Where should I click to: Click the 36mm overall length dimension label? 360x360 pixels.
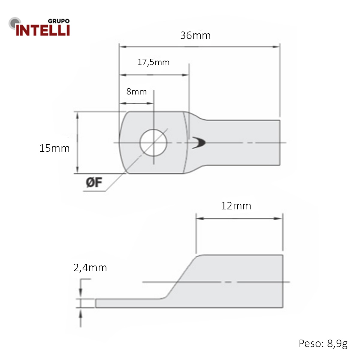pos(195,35)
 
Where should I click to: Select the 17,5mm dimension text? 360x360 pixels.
pos(153,62)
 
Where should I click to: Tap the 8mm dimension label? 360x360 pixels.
pos(136,91)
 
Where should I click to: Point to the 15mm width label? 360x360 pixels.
pos(54,148)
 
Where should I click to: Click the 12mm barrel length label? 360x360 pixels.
pos(236,206)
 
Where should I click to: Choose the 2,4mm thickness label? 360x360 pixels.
pos(90,268)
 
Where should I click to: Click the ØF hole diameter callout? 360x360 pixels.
pos(94,182)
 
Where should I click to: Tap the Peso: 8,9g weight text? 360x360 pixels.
pos(323,343)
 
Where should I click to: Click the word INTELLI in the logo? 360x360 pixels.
pos(43,30)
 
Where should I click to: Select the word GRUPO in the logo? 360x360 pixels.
pos(59,21)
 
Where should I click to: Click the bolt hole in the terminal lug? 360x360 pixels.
pos(153,142)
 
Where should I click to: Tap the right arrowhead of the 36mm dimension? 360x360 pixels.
pos(276,47)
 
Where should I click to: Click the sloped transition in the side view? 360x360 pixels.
pos(180,277)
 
